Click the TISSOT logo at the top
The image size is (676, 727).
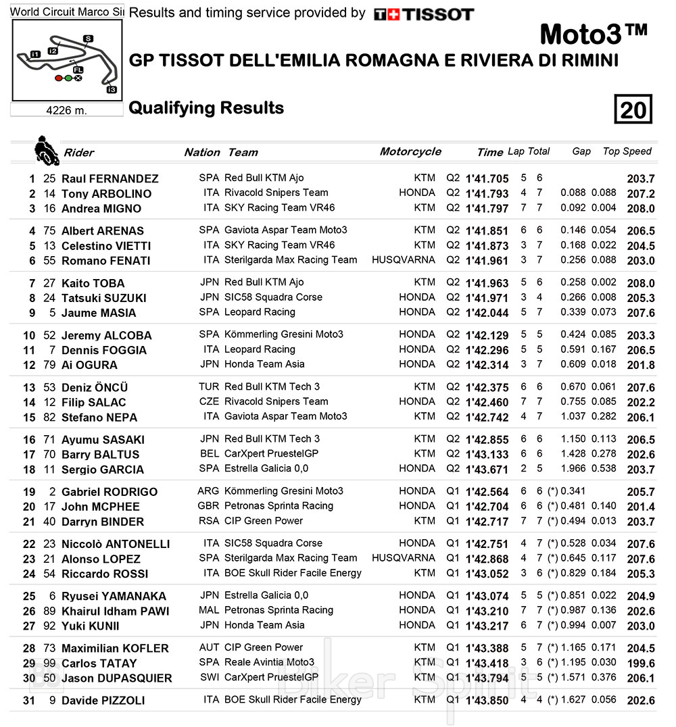[x=424, y=14]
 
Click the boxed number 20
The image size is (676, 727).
[x=633, y=109]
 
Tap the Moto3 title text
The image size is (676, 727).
[x=594, y=34]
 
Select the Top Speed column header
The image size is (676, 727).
[x=627, y=151]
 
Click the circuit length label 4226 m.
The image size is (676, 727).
[x=66, y=110]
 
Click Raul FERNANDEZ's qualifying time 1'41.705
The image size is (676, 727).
[x=487, y=179]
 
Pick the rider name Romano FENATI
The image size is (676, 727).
[x=106, y=261]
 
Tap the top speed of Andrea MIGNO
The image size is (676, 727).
[x=641, y=209]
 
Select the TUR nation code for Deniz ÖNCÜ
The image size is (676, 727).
[x=209, y=387]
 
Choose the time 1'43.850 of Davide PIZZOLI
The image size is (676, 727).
[x=487, y=701]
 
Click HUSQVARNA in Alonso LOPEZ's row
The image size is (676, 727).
[x=404, y=558]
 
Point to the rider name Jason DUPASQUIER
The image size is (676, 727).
[x=117, y=678]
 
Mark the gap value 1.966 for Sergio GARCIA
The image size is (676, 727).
[x=573, y=469]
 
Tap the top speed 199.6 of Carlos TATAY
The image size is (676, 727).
[x=641, y=663]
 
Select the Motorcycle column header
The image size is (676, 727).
[x=410, y=151]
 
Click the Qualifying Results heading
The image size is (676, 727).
[x=206, y=108]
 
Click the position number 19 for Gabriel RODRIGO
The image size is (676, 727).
[x=29, y=492]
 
